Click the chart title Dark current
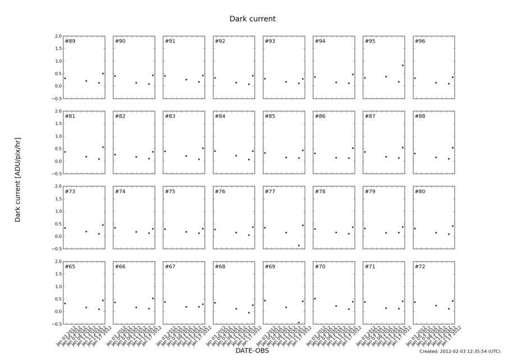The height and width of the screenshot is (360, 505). pos(252,19)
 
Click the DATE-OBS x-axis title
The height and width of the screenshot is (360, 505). pos(252,351)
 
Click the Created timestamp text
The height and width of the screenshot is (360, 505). pos(460,352)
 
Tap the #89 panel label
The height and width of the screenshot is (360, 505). pos(70,42)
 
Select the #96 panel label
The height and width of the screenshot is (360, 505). pos(420,42)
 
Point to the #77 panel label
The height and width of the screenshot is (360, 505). pos(270,192)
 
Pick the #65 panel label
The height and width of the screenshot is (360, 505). pos(70,267)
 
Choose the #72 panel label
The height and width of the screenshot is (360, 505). pos(420,267)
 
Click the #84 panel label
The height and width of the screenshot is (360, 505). pos(221,117)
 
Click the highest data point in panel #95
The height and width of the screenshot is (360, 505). pos(403,65)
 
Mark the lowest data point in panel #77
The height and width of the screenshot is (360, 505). pos(299,245)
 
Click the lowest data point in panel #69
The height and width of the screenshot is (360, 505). pos(299,322)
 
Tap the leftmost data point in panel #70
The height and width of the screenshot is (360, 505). pos(315,299)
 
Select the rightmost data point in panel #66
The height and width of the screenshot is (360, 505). pos(153,298)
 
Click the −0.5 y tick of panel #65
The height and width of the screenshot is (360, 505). pos(56,324)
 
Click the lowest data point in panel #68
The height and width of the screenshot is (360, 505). pos(249,313)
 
